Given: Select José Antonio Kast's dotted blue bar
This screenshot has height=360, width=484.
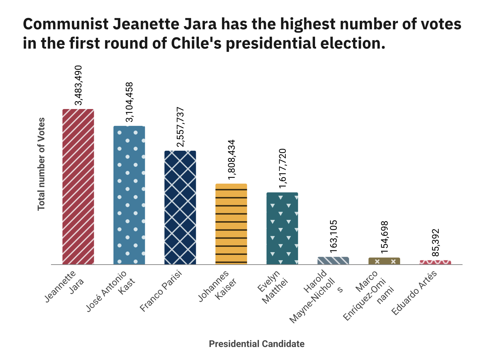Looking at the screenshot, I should pos(129,195).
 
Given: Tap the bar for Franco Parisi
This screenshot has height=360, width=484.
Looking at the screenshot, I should pos(180,207).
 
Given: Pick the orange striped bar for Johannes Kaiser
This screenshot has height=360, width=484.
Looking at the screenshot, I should pos(231,224).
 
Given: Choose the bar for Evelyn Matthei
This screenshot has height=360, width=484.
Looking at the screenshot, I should pos(282,228).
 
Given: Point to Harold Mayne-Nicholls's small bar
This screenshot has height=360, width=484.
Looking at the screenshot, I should pos(333,261).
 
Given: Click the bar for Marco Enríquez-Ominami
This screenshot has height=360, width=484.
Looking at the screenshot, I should pos(384,261).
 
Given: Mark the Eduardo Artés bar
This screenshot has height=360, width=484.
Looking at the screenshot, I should pos(435,262).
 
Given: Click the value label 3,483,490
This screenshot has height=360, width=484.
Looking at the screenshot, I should pos(78,85).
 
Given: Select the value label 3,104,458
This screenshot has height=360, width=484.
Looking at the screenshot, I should pos(129,102).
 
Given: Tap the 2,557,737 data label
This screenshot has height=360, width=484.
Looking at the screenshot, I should pos(180,127).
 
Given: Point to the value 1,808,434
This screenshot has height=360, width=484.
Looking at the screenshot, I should pos(231,160).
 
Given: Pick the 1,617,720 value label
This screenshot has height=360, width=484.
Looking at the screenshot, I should pos(282,169).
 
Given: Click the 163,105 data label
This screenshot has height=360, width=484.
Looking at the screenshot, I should pos(333,236).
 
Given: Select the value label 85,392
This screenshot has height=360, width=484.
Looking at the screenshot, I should pos(435,243).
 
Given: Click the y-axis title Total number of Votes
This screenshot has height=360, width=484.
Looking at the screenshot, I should pos(41,164).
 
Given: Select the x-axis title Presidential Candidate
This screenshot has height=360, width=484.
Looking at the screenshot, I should pos(257,344).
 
